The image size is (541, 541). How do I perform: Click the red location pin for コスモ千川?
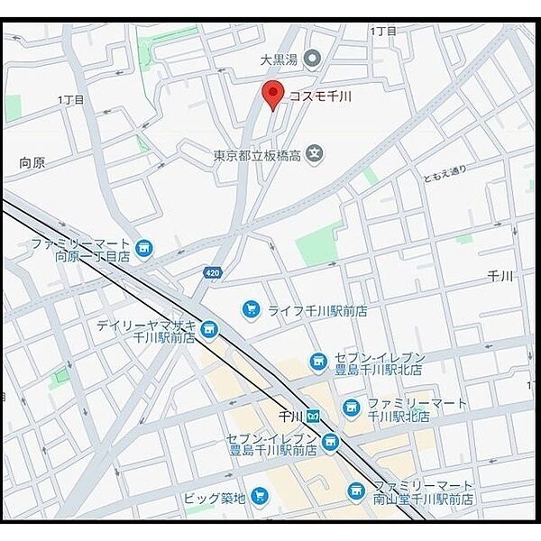click(272, 93)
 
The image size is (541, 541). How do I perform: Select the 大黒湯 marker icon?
click(312, 60)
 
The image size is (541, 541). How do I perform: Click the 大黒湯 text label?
click(279, 60)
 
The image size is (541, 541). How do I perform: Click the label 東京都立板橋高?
click(257, 155)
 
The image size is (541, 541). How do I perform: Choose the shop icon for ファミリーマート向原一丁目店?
click(143, 247)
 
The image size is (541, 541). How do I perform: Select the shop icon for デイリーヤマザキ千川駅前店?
click(209, 329)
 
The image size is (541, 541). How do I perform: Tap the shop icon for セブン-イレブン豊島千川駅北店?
click(317, 362)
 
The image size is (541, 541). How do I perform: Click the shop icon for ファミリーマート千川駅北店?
click(351, 408)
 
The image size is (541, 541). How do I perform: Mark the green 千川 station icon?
click(313, 417)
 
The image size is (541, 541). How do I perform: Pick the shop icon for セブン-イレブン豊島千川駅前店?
click(330, 442)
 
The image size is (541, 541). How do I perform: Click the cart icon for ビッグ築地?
click(260, 494)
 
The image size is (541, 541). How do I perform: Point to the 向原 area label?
click(32, 163)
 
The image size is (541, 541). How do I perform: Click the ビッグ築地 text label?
click(213, 496)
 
